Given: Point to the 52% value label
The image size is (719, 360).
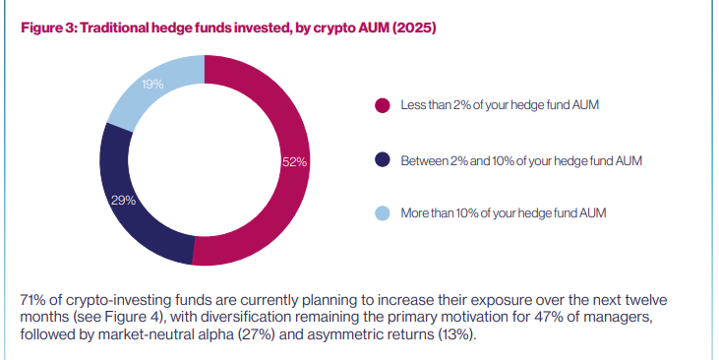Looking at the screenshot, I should pyautogui.click(x=295, y=161).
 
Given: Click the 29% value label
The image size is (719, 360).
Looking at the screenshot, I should pyautogui.click(x=122, y=200).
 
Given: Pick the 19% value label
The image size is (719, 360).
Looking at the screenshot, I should pyautogui.click(x=151, y=85).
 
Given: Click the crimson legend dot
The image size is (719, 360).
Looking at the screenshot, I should pyautogui.click(x=383, y=105).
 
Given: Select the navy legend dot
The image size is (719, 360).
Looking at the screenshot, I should pyautogui.click(x=383, y=159).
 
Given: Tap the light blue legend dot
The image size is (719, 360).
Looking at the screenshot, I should pyautogui.click(x=383, y=213).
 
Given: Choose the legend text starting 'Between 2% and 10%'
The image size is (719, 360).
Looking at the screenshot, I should pyautogui.click(x=521, y=159).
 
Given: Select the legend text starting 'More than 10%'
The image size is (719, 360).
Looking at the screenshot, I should pyautogui.click(x=504, y=213).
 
